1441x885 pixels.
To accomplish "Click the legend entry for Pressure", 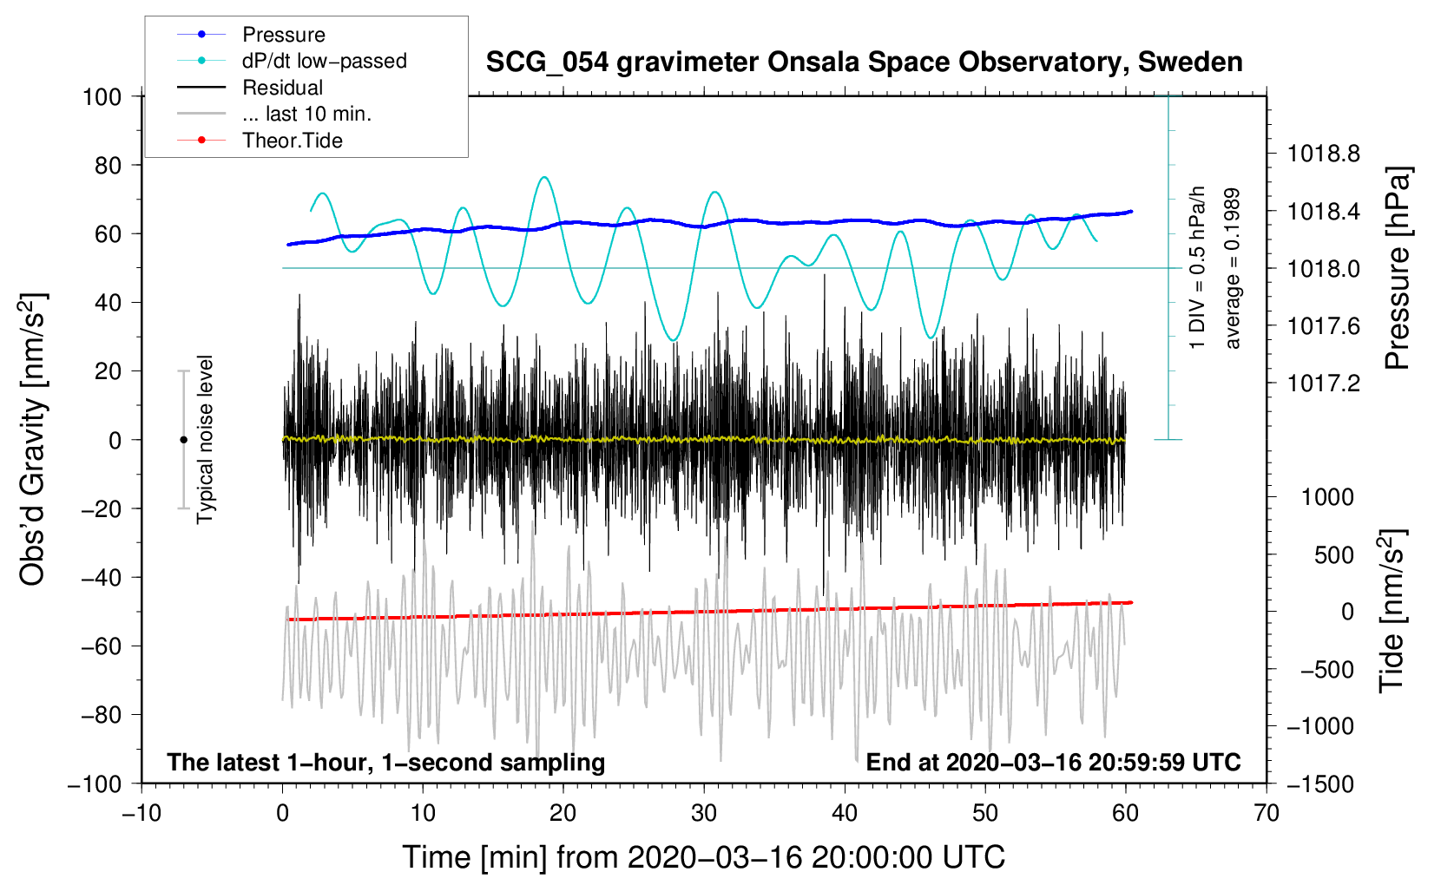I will pyautogui.click(x=283, y=35).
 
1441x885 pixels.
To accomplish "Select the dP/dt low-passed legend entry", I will pyautogui.click(x=324, y=61).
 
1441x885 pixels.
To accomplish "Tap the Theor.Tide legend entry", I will pyautogui.click(x=292, y=141).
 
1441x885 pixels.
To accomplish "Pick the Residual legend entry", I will pyautogui.click(x=282, y=88).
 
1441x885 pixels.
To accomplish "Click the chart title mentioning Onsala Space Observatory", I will pyautogui.click(x=864, y=62).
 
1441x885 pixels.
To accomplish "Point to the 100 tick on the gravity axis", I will pyautogui.click(x=102, y=96).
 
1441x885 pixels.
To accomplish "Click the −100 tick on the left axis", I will pyautogui.click(x=95, y=783).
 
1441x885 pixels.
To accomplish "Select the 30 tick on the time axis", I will pyautogui.click(x=704, y=813).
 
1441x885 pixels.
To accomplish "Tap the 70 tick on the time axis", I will pyautogui.click(x=1267, y=813).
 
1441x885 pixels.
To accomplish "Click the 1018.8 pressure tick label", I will pyautogui.click(x=1323, y=154).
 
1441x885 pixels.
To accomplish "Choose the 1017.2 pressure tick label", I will pyautogui.click(x=1323, y=383).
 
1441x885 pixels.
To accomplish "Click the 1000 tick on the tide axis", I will pyautogui.click(x=1327, y=497).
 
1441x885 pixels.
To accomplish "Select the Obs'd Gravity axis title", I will pyautogui.click(x=33, y=440).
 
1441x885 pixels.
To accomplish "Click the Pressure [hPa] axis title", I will pyautogui.click(x=1397, y=268).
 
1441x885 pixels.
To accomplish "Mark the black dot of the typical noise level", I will pyautogui.click(x=183, y=440).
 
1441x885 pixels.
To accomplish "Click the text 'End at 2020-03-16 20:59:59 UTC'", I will pyautogui.click(x=1053, y=762).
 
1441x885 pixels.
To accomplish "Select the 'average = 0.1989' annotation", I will pyautogui.click(x=1232, y=269).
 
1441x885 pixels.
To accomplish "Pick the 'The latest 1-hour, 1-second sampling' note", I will pyautogui.click(x=385, y=762).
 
